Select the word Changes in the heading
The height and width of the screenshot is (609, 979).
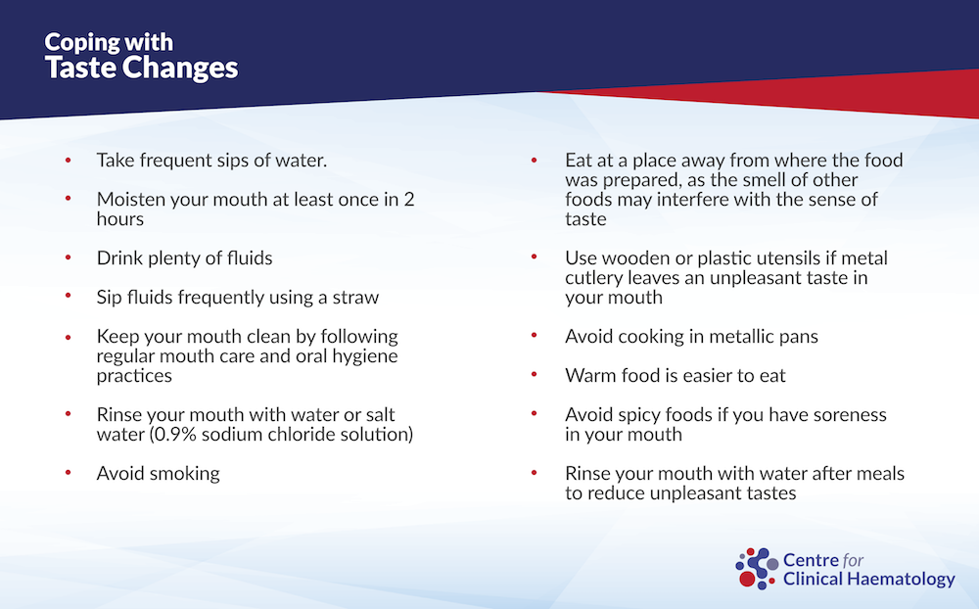(x=180, y=69)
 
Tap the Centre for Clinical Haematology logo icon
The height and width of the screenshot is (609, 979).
(x=757, y=569)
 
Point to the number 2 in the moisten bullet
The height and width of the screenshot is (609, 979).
(x=409, y=200)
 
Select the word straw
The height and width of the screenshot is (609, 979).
(x=355, y=298)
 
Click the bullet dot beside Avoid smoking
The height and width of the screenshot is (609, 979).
(x=69, y=473)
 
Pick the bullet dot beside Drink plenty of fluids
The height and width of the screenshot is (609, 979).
(x=69, y=258)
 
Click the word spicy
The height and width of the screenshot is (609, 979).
(x=639, y=415)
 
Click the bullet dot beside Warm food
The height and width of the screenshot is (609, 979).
(x=535, y=375)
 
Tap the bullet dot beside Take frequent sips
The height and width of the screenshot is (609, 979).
(x=69, y=160)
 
